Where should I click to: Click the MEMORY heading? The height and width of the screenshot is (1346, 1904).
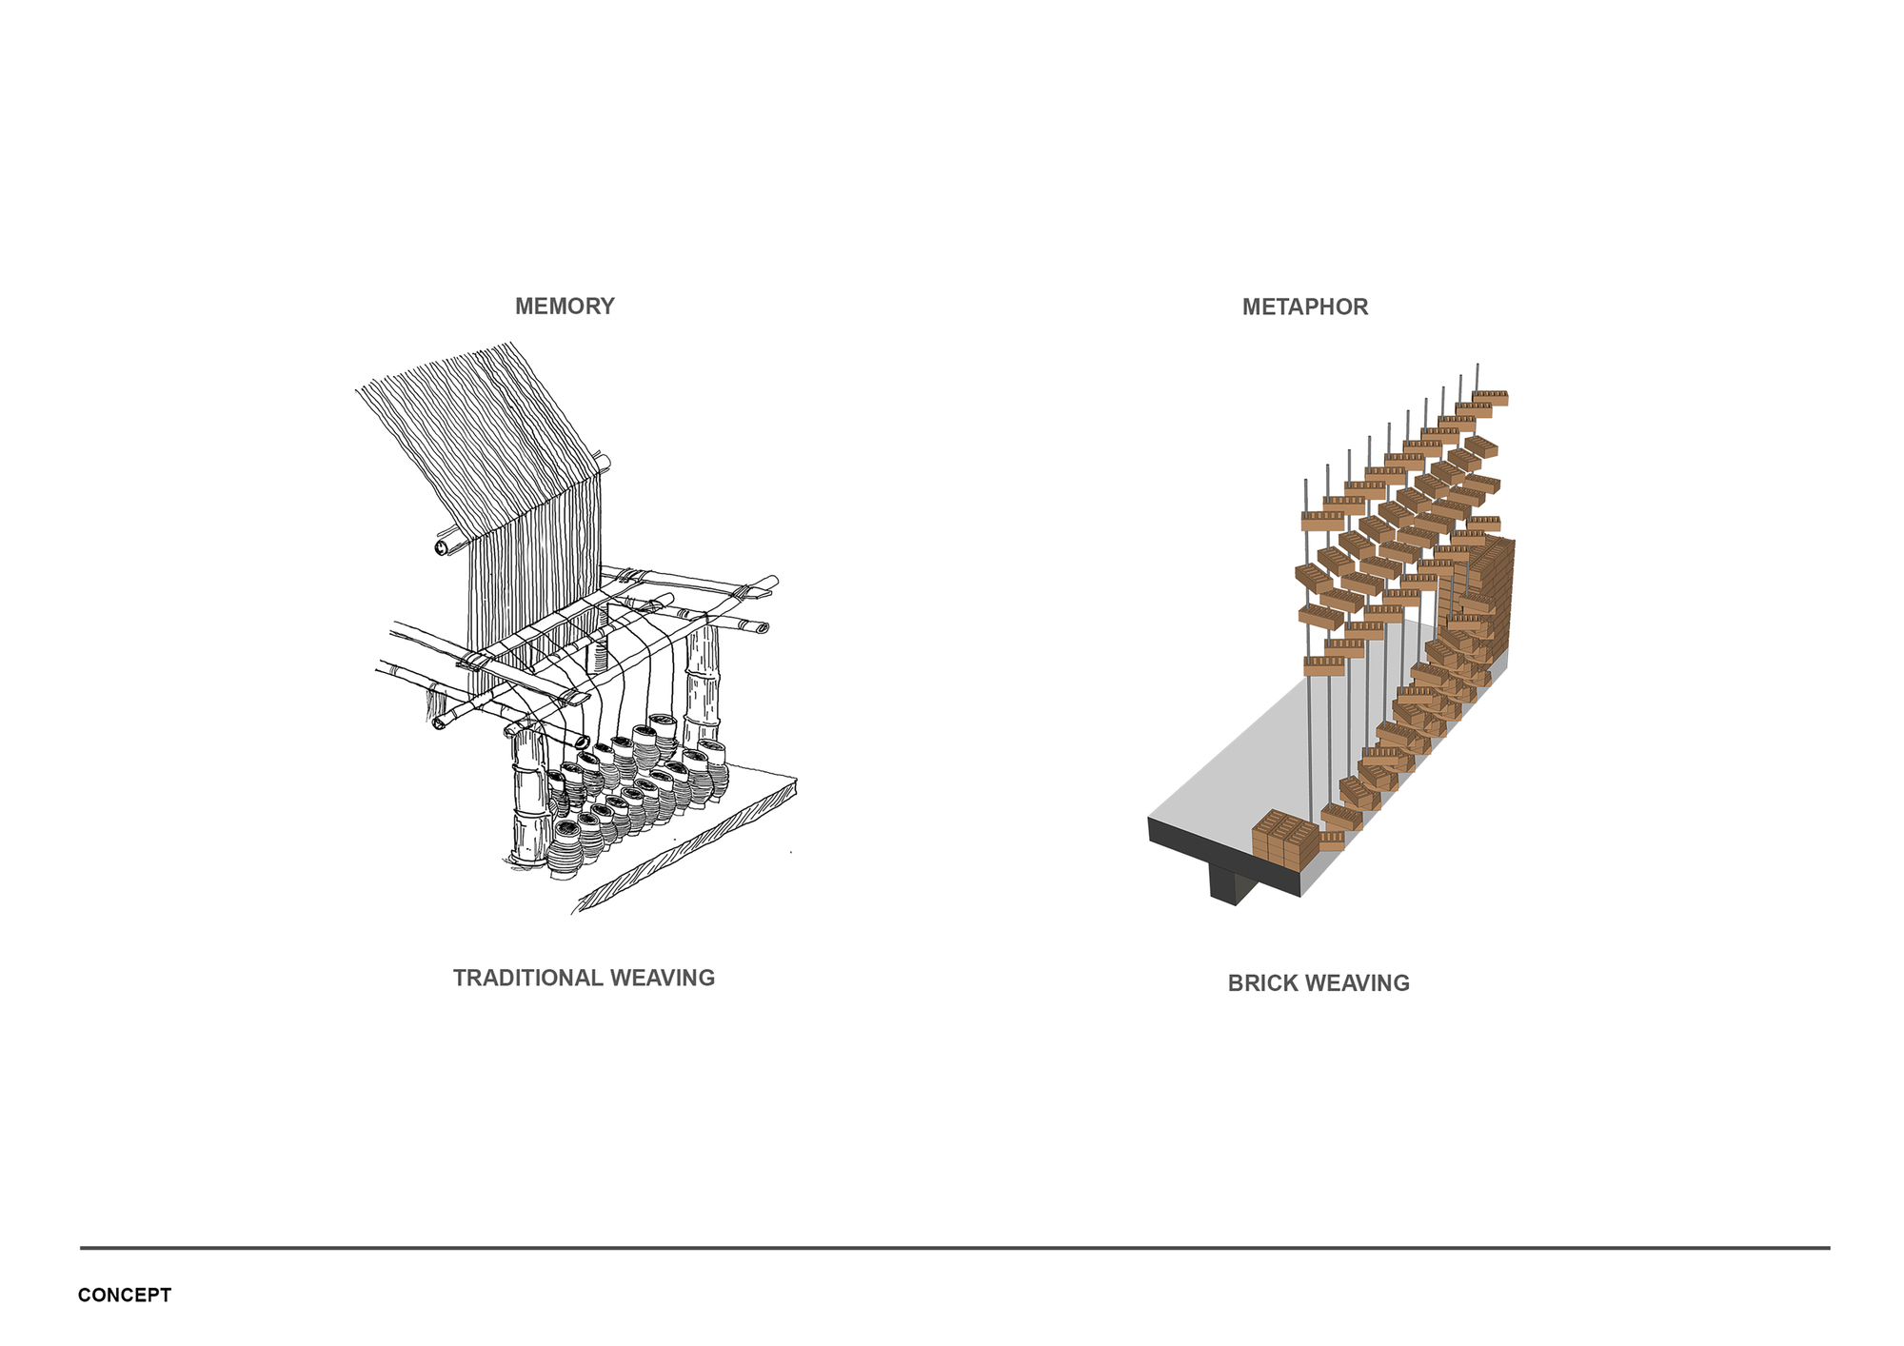[x=565, y=307]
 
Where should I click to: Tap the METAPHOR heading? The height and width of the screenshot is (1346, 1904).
[x=1305, y=307]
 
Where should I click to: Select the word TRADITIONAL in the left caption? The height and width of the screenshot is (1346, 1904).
[x=528, y=979]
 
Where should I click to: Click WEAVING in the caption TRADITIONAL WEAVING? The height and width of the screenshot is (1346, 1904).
[x=663, y=979]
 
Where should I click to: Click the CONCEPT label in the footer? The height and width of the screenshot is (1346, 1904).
[x=125, y=1296]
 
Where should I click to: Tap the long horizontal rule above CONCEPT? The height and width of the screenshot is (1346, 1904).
[x=952, y=1247]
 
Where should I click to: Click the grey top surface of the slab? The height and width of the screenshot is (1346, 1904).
[x=1266, y=762]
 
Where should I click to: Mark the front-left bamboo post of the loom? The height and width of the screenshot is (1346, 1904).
[x=526, y=800]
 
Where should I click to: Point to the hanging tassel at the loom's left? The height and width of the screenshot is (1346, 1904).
[x=437, y=705]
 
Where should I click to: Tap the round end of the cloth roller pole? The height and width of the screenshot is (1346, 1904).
[x=443, y=548]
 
